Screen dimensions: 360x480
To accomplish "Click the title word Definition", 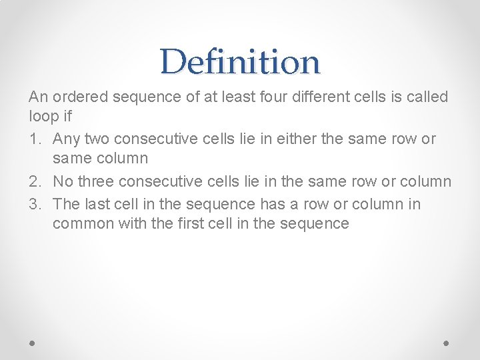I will [240, 62].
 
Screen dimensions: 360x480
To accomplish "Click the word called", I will [425, 97].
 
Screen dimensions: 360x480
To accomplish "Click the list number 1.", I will [34, 139].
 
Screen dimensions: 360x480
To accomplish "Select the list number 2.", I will [34, 182].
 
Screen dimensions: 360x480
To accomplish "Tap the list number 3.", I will [34, 203].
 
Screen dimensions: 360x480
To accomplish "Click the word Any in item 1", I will [66, 139].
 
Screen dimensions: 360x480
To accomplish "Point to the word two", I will [97, 139].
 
